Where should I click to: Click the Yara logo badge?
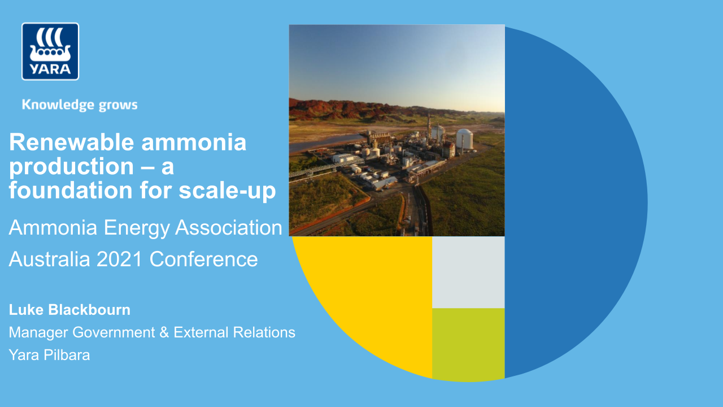(50, 51)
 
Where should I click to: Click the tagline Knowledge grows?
(80, 105)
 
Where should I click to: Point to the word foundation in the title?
(69, 191)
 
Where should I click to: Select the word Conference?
(204, 259)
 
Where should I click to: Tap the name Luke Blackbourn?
(69, 310)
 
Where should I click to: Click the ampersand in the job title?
(164, 332)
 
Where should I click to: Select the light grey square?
(468, 272)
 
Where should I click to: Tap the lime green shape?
(468, 343)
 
